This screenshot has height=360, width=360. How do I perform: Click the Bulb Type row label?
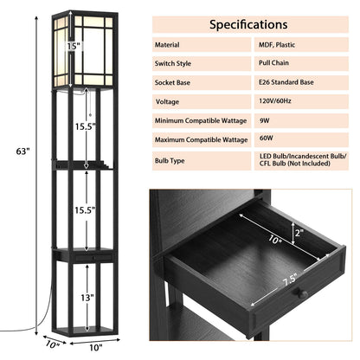[173, 161]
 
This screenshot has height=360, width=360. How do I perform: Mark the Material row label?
[169, 44]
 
